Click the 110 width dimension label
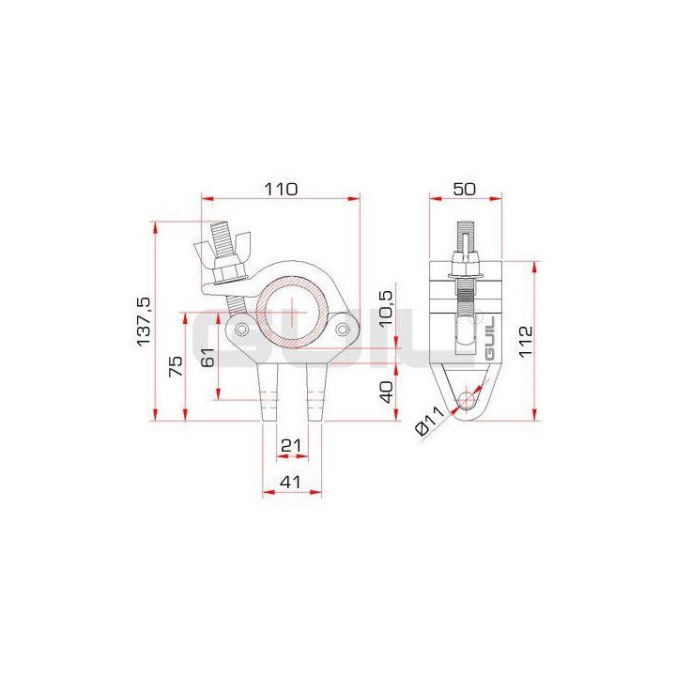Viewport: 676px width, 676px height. (x=281, y=188)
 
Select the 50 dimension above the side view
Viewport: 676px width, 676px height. (x=464, y=188)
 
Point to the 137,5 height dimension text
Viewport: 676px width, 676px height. (x=144, y=321)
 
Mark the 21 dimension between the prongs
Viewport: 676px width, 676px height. (x=292, y=442)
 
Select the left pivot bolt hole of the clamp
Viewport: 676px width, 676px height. (x=242, y=330)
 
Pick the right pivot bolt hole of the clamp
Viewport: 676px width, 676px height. (x=342, y=330)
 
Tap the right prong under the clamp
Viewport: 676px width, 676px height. (x=316, y=394)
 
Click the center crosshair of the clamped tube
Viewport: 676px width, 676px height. (x=292, y=309)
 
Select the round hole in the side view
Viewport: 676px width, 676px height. (x=466, y=402)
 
